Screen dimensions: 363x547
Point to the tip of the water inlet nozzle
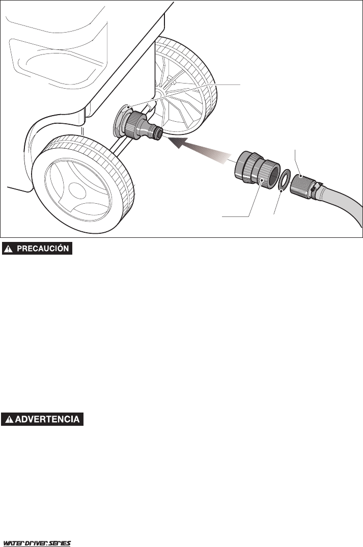159,132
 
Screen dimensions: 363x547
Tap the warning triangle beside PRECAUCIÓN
9,249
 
